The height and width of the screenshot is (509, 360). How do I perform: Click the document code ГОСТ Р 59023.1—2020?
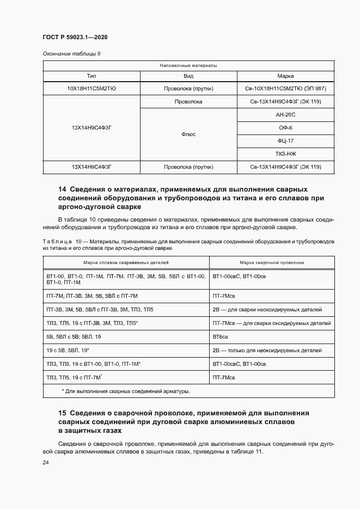[75, 37]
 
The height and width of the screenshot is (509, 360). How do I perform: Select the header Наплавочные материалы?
[188, 65]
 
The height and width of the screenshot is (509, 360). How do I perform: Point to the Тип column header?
[91, 76]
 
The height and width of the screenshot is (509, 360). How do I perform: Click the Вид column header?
[188, 76]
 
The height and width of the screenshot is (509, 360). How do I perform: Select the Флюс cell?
[188, 134]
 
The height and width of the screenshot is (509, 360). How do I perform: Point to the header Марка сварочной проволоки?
[272, 262]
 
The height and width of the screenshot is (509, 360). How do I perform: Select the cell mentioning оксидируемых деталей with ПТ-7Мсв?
[271, 323]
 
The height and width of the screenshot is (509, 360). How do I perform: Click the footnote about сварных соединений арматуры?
[126, 391]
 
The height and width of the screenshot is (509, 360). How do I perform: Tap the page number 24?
[46, 462]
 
